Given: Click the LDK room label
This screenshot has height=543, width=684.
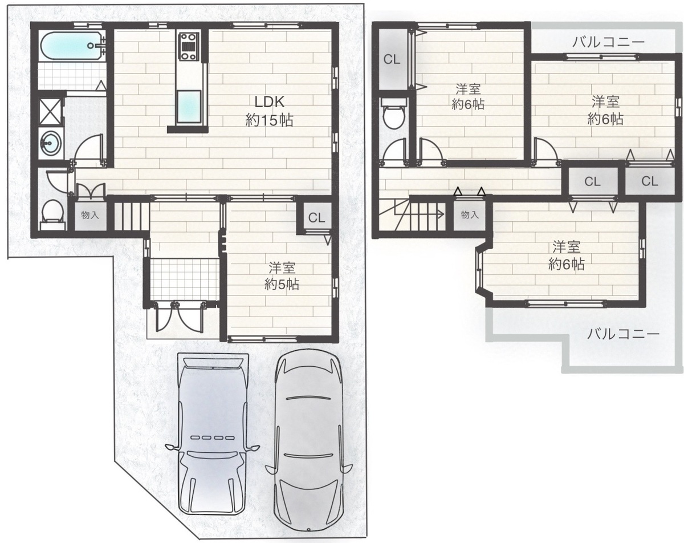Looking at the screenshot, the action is click(269, 111).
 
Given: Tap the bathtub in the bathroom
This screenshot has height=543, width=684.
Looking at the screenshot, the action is click(73, 46).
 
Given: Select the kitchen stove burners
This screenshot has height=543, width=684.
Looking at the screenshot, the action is click(190, 46).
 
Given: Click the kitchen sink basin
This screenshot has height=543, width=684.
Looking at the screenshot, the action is click(189, 107).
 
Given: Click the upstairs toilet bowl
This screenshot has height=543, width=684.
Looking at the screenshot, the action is click(394, 115).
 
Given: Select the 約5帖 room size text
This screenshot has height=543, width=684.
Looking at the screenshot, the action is click(282, 284).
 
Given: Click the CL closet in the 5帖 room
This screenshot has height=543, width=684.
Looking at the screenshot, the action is click(316, 218).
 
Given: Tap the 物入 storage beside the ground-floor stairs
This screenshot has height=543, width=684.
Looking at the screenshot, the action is click(90, 216).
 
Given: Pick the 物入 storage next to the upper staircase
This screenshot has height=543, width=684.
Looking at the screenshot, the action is click(470, 215).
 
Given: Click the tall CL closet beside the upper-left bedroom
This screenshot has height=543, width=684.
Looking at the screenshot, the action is click(392, 59).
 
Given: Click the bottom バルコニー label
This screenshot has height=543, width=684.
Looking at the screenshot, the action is click(623, 334).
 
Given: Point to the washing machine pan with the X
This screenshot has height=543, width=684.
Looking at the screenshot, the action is click(50, 112).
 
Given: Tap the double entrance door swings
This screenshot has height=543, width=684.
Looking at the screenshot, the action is click(179, 318).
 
